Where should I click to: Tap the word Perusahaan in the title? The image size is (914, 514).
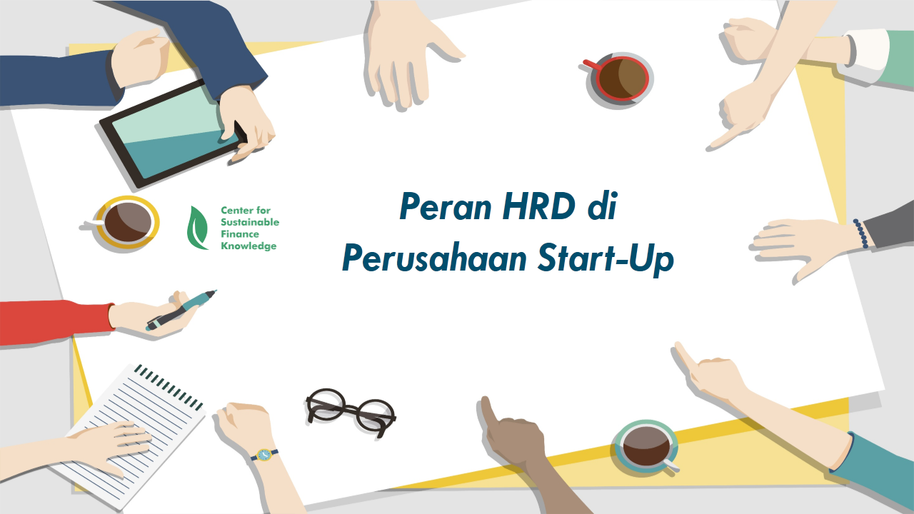[x=435, y=258]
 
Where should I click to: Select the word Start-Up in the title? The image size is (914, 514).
[x=606, y=258]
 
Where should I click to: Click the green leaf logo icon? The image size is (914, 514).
[x=197, y=228]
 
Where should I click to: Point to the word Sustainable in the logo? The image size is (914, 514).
[x=250, y=222]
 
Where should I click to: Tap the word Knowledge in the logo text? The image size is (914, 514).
[x=248, y=246]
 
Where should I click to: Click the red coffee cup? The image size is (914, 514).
[x=619, y=79]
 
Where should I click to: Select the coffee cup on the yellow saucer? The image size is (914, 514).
[x=126, y=222]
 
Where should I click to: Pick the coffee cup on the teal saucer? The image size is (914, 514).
[x=647, y=447]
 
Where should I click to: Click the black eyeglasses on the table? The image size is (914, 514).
[x=351, y=412]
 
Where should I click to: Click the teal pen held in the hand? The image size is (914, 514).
[x=181, y=310]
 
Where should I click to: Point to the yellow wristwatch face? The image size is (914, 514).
[x=264, y=455]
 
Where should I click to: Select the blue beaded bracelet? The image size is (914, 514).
[x=860, y=233]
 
